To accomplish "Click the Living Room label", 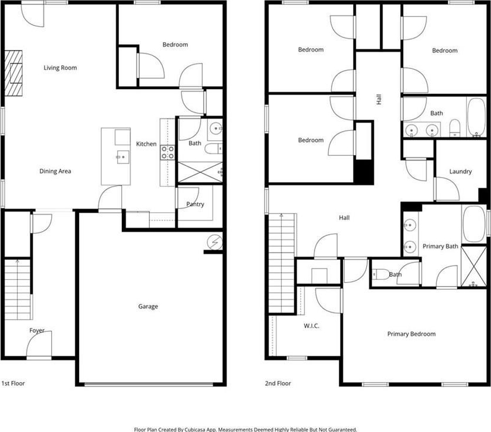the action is click(60, 68).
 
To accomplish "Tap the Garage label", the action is click(148, 307).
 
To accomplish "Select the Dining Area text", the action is click(55, 171).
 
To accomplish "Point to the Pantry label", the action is click(195, 204).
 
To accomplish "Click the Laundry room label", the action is click(460, 172).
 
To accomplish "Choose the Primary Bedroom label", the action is click(411, 334).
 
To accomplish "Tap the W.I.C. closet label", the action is click(311, 326).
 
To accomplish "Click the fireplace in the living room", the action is click(14, 72).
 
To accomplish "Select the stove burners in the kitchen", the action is click(168, 153).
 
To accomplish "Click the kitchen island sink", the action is click(122, 157).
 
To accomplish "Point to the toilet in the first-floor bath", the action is click(213, 149).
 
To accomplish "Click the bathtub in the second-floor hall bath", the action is click(476, 117).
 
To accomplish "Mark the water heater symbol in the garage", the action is click(215, 242).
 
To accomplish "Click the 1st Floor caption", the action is click(13, 383).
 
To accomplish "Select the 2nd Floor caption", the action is click(278, 383).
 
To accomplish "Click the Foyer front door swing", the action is click(39, 343).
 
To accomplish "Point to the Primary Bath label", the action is click(440, 247).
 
